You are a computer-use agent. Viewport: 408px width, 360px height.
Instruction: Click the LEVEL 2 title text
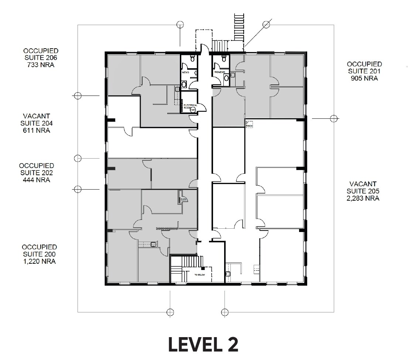pos(203,344)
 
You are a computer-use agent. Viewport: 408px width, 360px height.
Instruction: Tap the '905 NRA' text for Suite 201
pos(364,78)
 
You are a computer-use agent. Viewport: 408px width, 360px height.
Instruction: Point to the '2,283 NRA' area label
pos(363,198)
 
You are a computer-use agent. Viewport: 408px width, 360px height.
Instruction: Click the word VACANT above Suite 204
pos(36,116)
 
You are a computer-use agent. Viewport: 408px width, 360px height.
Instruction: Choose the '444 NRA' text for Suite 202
pos(36,180)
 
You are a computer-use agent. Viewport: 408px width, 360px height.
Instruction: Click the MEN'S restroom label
pos(185,72)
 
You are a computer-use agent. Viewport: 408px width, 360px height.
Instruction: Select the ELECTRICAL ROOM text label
pos(191,106)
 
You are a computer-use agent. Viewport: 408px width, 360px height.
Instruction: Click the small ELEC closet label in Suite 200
pos(184,200)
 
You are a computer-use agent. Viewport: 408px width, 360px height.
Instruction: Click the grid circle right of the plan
pos(333,118)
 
